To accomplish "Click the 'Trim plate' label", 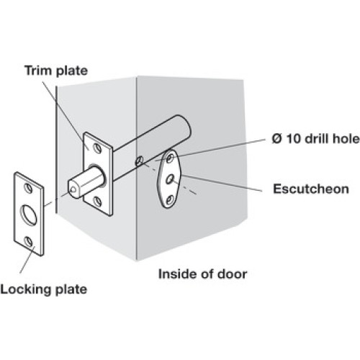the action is tap(56, 71).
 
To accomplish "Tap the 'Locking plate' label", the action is tap(44, 289).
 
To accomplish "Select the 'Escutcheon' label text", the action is tap(311, 189).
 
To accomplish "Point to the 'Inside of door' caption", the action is tap(202, 274).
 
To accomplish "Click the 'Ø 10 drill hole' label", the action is tap(316, 139).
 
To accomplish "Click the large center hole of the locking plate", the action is tap(29, 214).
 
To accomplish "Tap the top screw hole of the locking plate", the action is tap(29, 188).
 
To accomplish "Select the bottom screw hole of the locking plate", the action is tap(29, 241).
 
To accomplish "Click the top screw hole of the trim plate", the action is tap(98, 148).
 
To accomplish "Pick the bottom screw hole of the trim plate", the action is tap(97, 201).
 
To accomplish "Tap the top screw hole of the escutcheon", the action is tap(170, 158).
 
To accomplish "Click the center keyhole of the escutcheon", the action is tap(170, 179).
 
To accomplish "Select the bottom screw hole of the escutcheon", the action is tap(170, 199).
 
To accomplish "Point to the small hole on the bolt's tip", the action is tap(73, 190).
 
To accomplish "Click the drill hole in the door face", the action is tap(139, 161).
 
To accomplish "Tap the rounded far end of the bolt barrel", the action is tap(184, 125).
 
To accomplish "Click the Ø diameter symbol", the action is tap(277, 139).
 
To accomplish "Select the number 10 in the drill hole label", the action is tap(292, 139).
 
